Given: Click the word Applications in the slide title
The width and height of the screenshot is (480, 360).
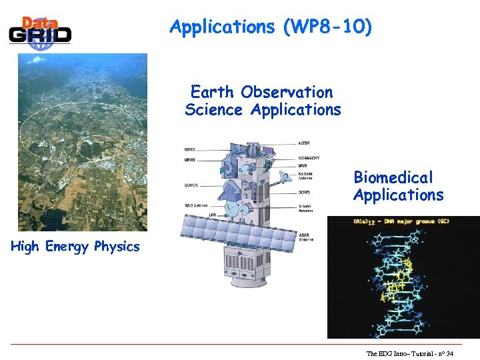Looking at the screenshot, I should pos(222,27).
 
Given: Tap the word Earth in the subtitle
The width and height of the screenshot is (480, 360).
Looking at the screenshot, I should pos(213,92).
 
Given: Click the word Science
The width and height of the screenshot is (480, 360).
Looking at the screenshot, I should pos(213,110).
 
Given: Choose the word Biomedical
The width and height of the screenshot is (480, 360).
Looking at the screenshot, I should pos(393,177).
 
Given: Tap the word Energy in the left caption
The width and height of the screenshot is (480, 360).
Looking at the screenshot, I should pos(67,247).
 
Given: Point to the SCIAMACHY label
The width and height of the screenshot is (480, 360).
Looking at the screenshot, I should pos(309,158).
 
